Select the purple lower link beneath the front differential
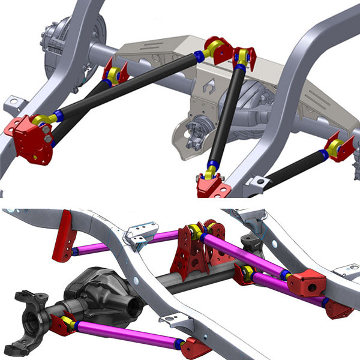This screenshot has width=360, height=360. pos(126,334)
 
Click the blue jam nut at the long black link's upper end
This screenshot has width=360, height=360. pos(199,56)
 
